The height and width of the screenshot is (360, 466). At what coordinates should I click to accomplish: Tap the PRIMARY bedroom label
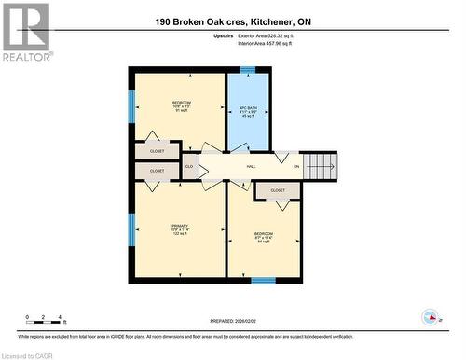[x=180, y=229]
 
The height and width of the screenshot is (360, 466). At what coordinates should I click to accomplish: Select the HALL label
[x=251, y=167]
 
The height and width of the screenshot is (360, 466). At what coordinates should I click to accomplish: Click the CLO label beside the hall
[x=189, y=167]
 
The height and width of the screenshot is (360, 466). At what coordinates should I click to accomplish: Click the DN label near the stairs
[x=296, y=167]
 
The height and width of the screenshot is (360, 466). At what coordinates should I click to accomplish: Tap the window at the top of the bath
[x=248, y=69]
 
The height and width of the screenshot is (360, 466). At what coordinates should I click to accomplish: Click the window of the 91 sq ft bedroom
[x=131, y=104]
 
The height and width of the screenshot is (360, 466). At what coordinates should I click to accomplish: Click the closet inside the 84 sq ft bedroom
[x=278, y=190]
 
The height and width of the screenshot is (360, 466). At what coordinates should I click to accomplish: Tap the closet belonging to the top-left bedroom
[x=157, y=150]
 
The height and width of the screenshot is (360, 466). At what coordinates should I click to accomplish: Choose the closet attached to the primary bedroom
[x=157, y=171]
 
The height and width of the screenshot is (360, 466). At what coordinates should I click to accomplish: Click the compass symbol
[x=431, y=317]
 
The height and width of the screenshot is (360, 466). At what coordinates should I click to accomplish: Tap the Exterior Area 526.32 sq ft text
[x=279, y=35]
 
